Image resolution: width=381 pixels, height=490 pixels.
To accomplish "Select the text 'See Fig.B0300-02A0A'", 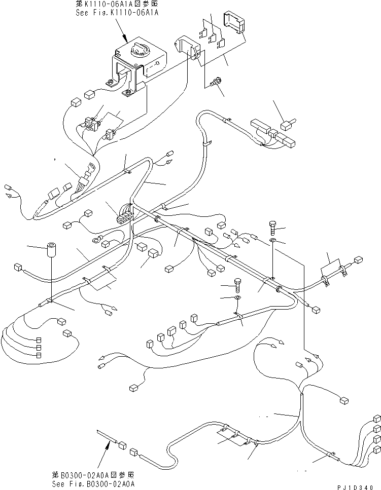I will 94,484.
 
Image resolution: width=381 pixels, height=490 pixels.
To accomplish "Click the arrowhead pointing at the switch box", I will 125,40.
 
